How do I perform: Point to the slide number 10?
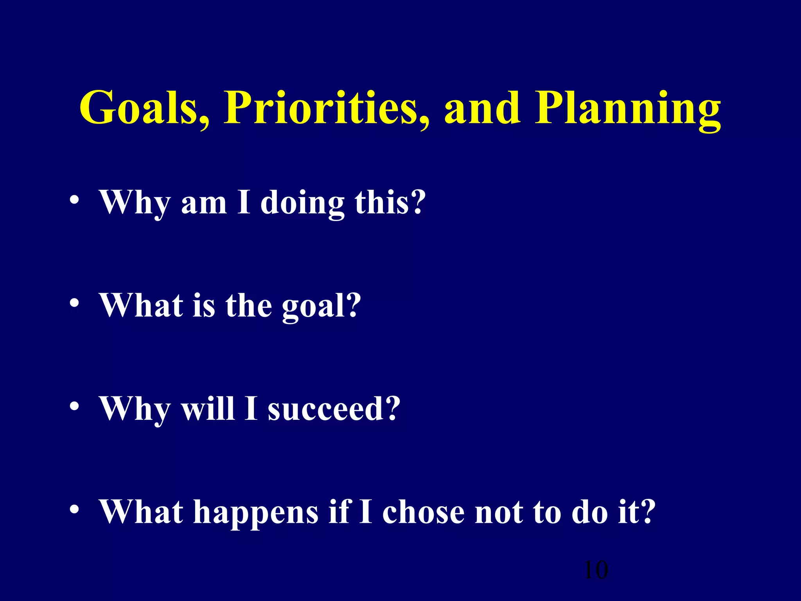[596, 570]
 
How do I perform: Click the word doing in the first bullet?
[302, 203]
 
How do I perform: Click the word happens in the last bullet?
[256, 513]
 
